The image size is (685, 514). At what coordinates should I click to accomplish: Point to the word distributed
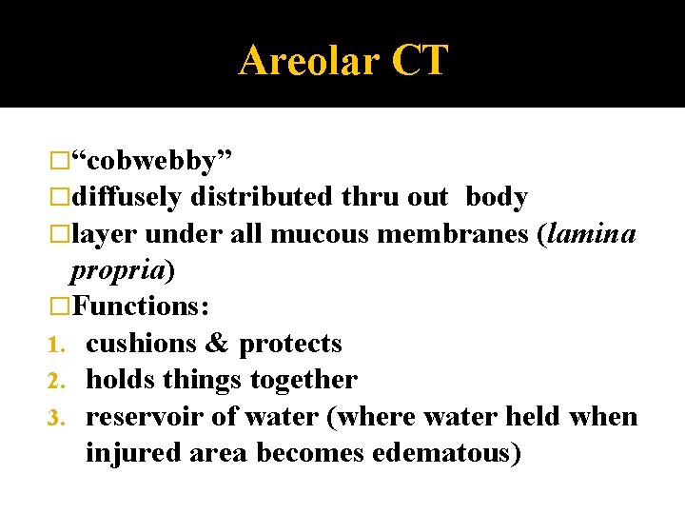coord(262,197)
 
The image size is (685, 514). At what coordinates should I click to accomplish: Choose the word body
coord(496,197)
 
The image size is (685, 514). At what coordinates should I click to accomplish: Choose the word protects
coord(290,344)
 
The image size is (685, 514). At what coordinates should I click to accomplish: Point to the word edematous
coord(442,453)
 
